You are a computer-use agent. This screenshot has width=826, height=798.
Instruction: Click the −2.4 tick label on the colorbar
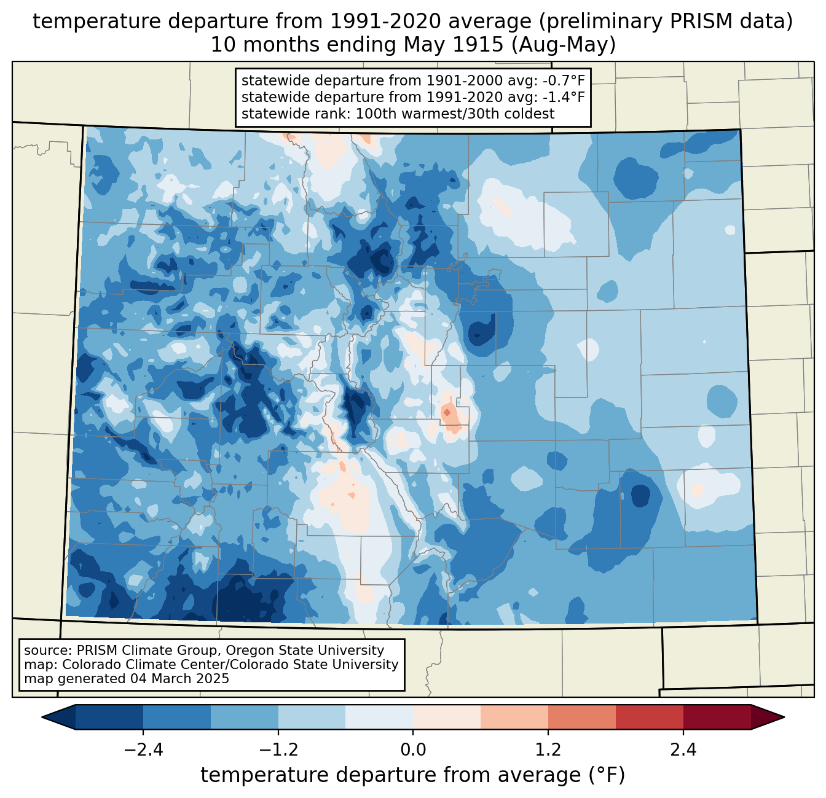[143, 750]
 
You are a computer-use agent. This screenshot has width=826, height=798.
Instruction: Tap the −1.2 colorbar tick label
[278, 750]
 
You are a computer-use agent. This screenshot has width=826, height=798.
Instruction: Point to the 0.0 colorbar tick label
[413, 750]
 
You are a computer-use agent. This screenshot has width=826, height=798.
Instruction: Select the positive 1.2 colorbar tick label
[548, 750]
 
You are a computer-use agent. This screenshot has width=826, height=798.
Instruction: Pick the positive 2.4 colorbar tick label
[683, 750]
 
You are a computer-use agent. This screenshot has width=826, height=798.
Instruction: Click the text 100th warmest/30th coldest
[455, 114]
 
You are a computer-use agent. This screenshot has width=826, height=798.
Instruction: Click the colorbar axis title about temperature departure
[412, 775]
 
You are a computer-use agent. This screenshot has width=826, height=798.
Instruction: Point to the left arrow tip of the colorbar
[42, 717]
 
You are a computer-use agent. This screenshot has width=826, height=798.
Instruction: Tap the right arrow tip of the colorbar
[784, 717]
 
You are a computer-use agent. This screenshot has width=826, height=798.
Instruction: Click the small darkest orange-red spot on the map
[446, 412]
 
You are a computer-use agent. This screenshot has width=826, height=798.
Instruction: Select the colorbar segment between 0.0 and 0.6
[447, 717]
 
